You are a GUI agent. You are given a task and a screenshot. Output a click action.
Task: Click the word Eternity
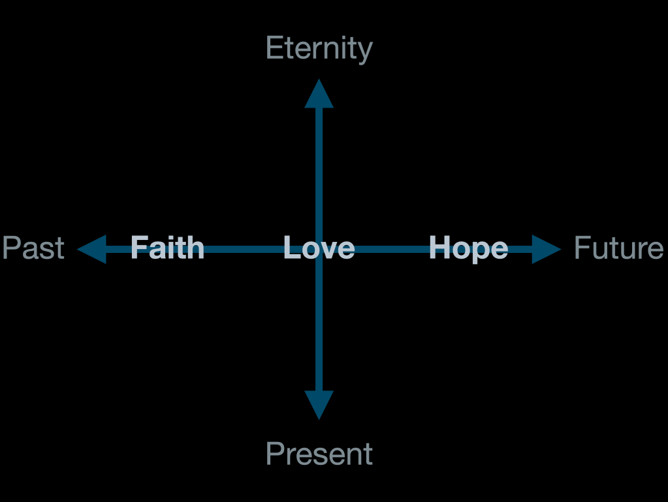point(319,50)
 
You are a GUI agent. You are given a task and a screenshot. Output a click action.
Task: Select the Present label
point(319,454)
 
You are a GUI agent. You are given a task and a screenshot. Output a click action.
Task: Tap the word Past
point(33,248)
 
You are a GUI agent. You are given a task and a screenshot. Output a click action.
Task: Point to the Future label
point(618,248)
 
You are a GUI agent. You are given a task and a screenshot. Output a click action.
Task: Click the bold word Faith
point(167,248)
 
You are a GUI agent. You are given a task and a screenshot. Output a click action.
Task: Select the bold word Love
point(319,248)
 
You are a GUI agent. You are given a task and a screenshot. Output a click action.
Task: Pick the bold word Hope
point(468,248)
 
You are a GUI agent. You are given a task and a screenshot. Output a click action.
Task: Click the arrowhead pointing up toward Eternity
point(319,95)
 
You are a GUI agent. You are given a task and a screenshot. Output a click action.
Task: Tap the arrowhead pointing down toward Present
point(319,404)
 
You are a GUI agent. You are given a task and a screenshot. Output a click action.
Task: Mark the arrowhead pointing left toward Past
point(92,249)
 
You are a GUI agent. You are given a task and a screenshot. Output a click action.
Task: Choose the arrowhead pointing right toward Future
point(545,249)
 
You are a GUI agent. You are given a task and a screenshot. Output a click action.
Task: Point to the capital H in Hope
point(438,248)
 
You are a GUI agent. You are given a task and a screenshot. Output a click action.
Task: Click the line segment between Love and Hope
point(392,249)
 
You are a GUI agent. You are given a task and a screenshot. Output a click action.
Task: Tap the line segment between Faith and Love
point(243,249)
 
